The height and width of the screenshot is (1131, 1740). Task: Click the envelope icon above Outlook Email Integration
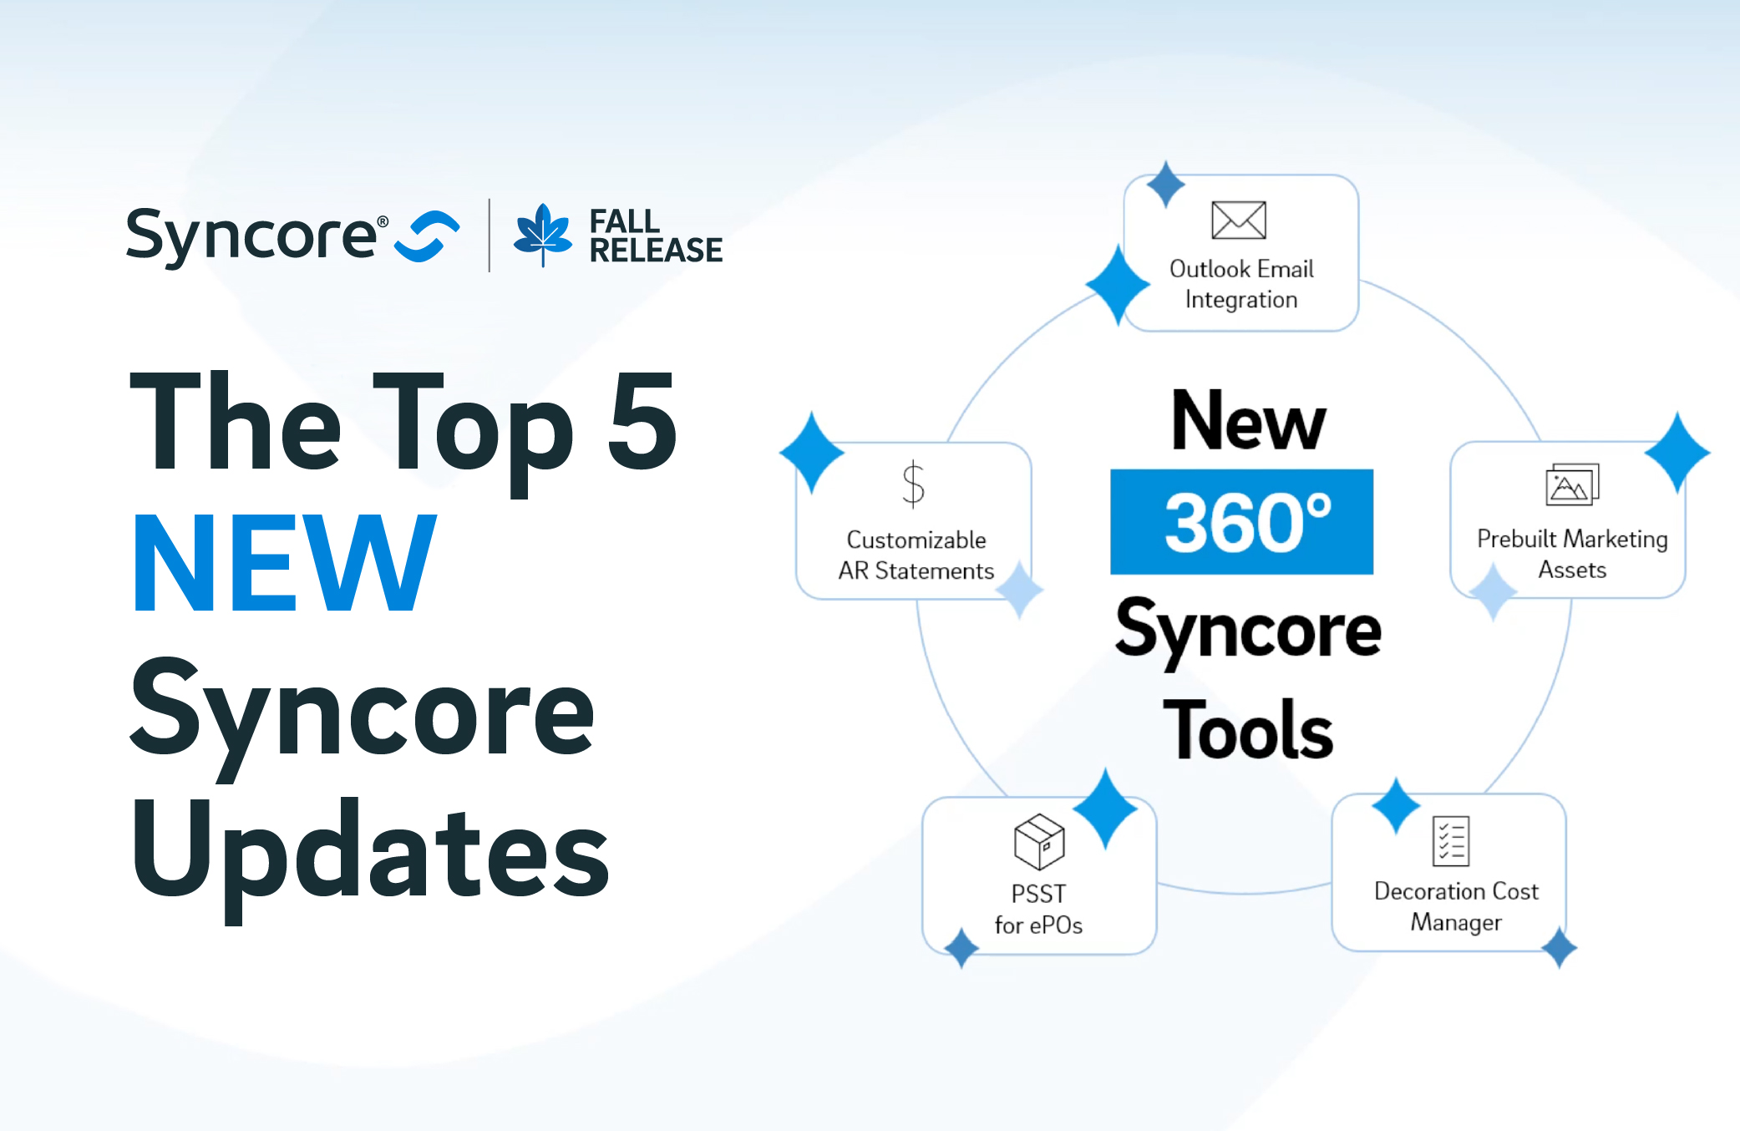pyautogui.click(x=1238, y=221)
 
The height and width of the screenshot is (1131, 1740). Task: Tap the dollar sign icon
pyautogui.click(x=913, y=484)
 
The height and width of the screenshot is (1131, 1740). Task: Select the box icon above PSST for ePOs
pyautogui.click(x=1038, y=841)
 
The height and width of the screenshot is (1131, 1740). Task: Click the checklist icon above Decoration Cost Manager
pyautogui.click(x=1451, y=840)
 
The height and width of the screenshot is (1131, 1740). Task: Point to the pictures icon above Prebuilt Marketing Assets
pyautogui.click(x=1571, y=484)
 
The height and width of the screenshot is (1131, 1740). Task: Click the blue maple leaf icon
pyautogui.click(x=543, y=234)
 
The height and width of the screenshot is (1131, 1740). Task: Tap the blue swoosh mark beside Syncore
pyautogui.click(x=427, y=236)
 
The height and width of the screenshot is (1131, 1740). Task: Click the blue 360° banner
pyautogui.click(x=1241, y=522)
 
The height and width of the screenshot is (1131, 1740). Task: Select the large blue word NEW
pyautogui.click(x=285, y=564)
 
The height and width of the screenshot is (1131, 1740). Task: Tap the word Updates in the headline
pyautogui.click(x=370, y=852)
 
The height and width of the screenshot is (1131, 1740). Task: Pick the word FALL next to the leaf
pyautogui.click(x=624, y=221)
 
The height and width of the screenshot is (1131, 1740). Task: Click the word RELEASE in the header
pyautogui.click(x=656, y=250)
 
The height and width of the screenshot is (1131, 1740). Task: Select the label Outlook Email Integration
pyautogui.click(x=1241, y=284)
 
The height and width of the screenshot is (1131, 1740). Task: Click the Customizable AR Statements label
pyautogui.click(x=916, y=555)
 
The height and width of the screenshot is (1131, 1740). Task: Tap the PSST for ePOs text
pyautogui.click(x=1038, y=909)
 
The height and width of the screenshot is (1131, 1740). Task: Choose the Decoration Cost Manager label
pyautogui.click(x=1456, y=906)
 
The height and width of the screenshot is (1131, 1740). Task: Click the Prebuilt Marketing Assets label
pyautogui.click(x=1571, y=554)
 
